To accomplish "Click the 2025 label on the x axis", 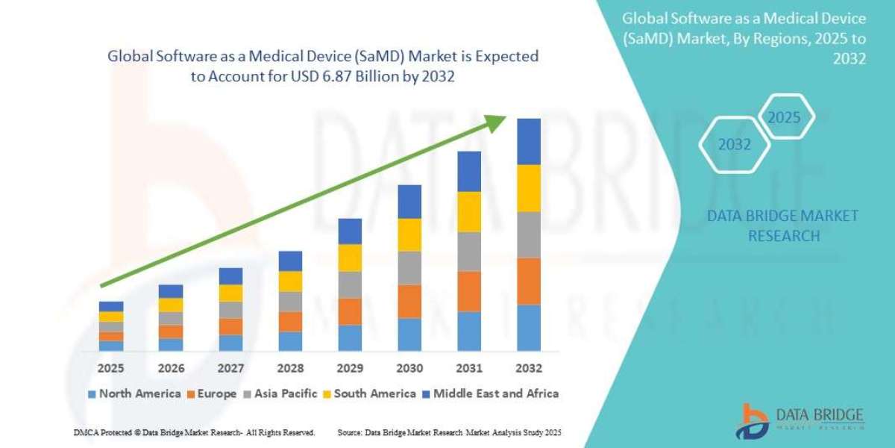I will (x=111, y=368).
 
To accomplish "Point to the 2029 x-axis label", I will (x=350, y=368).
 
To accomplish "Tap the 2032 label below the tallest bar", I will (x=528, y=368).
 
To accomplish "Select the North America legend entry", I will (x=134, y=393).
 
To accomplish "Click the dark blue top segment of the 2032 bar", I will (x=528, y=141).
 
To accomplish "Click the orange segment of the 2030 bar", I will (x=409, y=301).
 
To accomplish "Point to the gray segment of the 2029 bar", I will (x=350, y=284).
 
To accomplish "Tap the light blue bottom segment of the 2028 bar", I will (x=290, y=341).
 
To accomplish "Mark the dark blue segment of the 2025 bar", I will (x=111, y=306).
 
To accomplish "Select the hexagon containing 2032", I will (x=734, y=145).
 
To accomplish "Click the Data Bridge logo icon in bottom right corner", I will (x=754, y=420).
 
